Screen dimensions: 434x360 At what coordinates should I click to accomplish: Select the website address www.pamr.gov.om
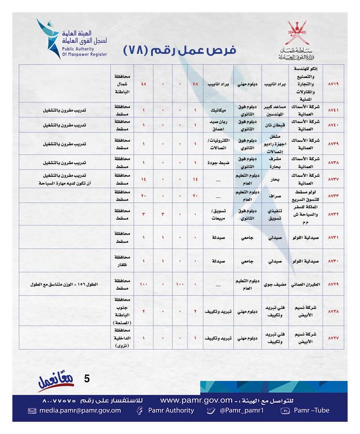196,400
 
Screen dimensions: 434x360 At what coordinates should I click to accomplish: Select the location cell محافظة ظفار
121,260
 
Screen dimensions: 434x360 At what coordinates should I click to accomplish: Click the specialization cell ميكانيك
218,110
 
